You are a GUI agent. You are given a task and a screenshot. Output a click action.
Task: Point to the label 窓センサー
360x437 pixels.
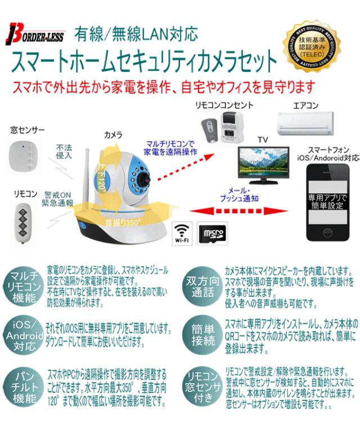tap(27, 130)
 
